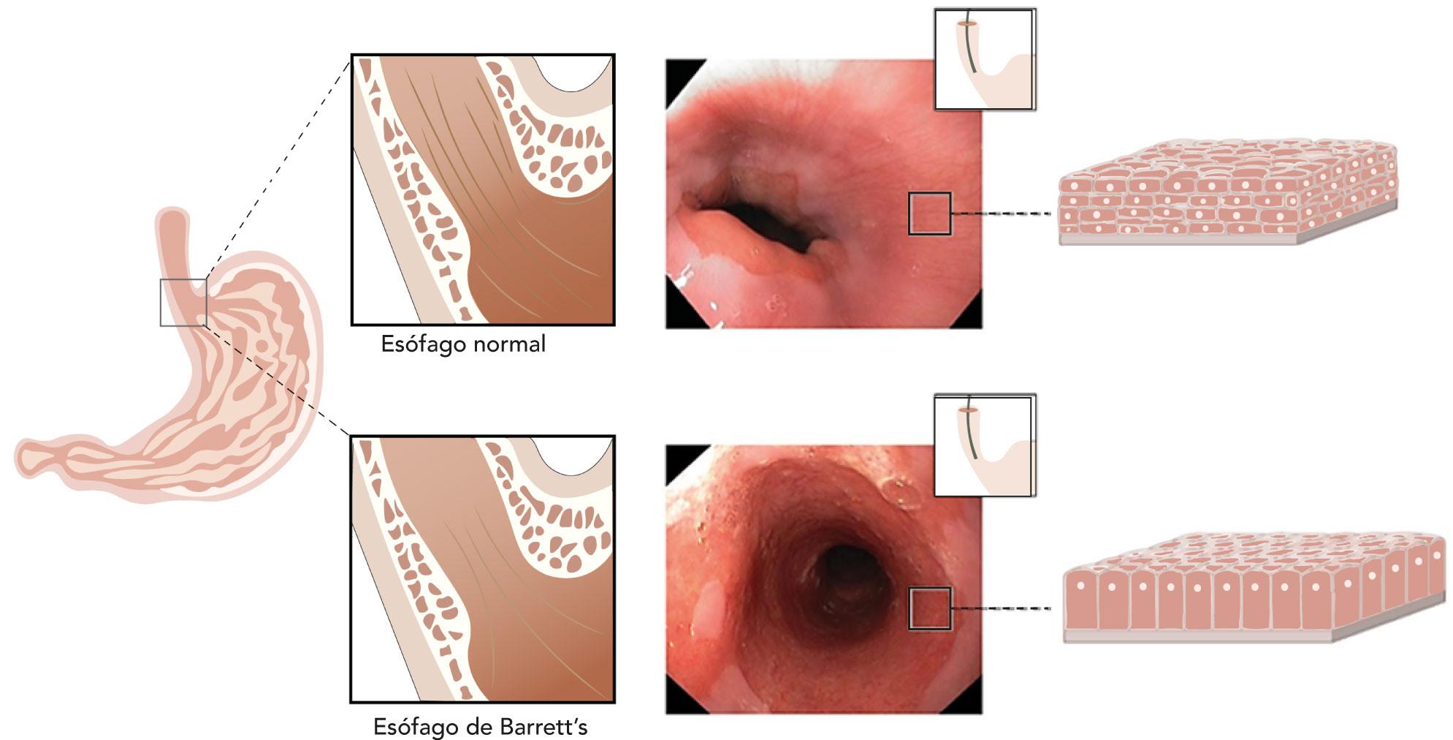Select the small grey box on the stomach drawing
coord(183,302)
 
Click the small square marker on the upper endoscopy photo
coord(929,214)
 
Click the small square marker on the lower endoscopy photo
coord(929,608)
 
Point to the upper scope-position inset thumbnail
coord(984,59)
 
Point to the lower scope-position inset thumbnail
coord(984,446)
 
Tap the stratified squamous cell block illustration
coord(1227,192)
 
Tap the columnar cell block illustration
coord(1253,586)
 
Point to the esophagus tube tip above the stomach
coord(172,219)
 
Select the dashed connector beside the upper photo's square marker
coord(1001,214)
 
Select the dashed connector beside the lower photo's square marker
coord(1001,608)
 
